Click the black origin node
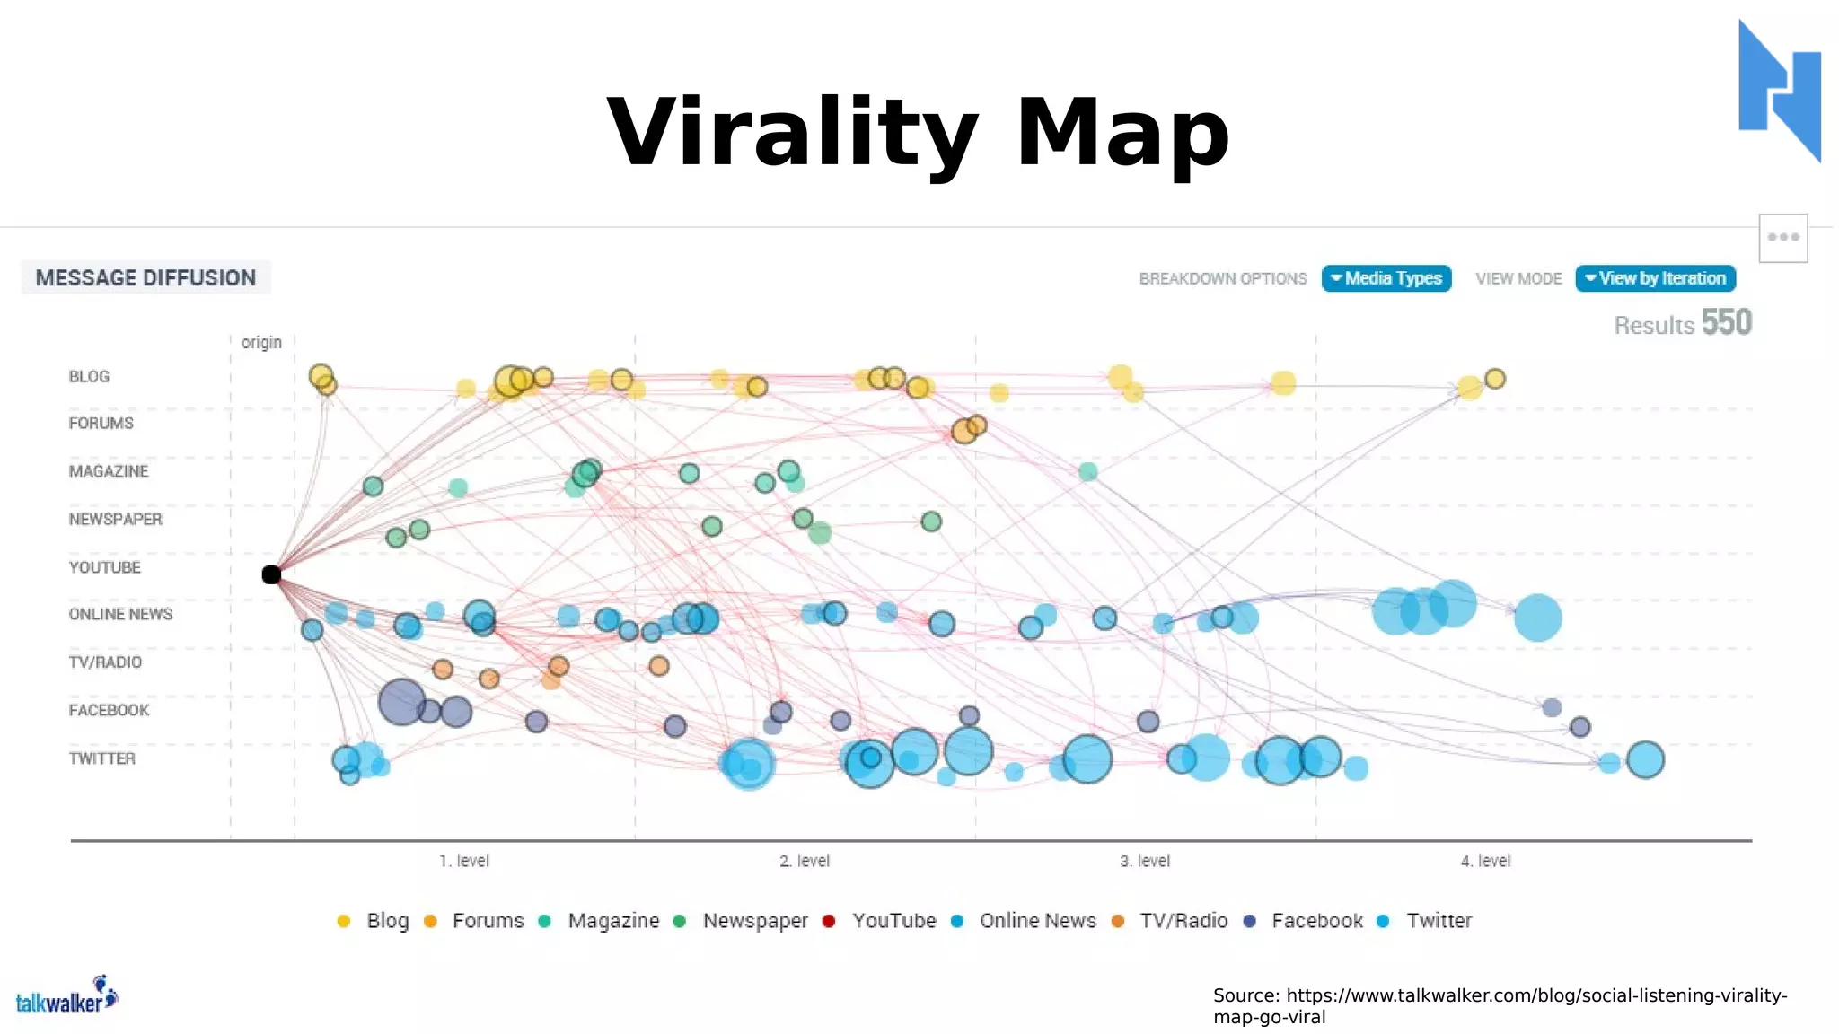click(271, 574)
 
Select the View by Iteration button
click(1655, 278)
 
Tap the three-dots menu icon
click(1782, 238)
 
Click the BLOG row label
click(89, 376)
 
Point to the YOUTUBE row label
click(104, 567)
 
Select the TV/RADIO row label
click(105, 662)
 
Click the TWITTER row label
click(101, 758)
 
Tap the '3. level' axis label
click(1144, 861)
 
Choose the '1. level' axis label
click(463, 861)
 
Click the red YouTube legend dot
click(829, 921)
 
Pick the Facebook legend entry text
click(1316, 921)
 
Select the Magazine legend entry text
click(613, 921)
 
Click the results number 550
click(1726, 323)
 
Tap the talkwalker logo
click(66, 997)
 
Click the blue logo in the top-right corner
click(1779, 91)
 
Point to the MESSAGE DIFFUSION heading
click(145, 278)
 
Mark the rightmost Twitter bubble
click(1645, 760)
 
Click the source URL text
click(1500, 1006)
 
